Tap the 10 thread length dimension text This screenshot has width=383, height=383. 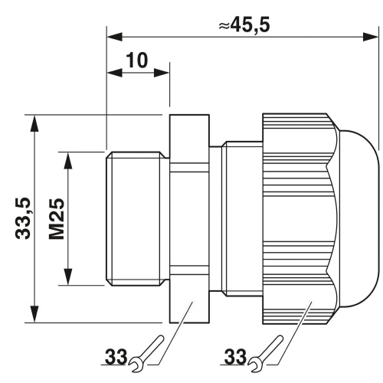(x=137, y=61)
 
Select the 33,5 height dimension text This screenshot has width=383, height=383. (x=23, y=218)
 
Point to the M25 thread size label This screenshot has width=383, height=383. (x=57, y=219)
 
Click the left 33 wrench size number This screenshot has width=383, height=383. (x=116, y=357)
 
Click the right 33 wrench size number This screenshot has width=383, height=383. (x=235, y=357)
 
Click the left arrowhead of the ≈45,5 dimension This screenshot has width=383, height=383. (x=115, y=37)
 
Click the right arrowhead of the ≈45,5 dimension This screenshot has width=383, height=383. (x=370, y=37)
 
